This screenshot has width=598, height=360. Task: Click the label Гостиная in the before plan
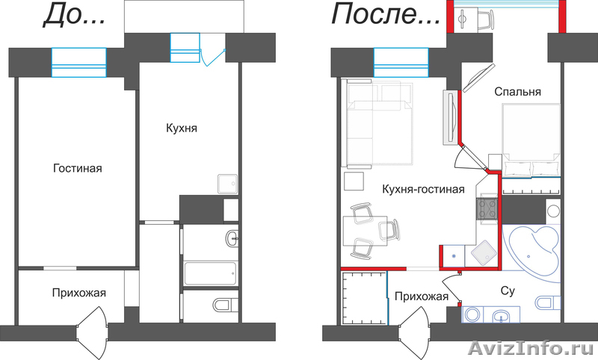coord(77,169)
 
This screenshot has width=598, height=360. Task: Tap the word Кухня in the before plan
coord(181,128)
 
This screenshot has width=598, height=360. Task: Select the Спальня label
coord(517,92)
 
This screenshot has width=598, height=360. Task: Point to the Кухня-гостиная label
coord(423,190)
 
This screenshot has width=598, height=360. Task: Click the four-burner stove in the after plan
coord(488,208)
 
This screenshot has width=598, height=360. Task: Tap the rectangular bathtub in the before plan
coord(210,272)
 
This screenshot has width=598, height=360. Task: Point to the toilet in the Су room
coord(548,302)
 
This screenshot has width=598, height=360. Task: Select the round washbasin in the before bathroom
coord(232,239)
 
